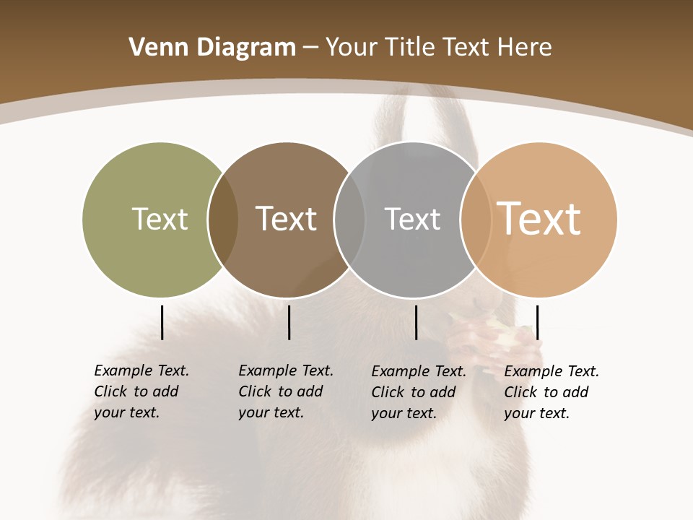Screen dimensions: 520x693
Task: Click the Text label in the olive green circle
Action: coord(160,219)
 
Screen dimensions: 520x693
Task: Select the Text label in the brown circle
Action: coord(286,219)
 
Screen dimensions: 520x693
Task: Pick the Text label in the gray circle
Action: coord(412,219)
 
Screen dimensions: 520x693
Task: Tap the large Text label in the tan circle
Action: coord(539,219)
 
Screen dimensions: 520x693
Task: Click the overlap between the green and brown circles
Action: coord(223,219)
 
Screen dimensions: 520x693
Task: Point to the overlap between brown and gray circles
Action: coord(349,219)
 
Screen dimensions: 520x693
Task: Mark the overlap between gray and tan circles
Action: coord(476,219)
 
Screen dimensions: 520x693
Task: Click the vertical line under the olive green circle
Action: coord(162,322)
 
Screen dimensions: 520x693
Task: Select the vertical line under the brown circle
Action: coord(289,322)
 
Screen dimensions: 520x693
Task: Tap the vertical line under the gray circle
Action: coord(416,322)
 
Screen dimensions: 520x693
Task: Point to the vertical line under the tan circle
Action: coord(537,322)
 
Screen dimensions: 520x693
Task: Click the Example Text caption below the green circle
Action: coord(141,391)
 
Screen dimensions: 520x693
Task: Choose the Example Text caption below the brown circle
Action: coord(286,391)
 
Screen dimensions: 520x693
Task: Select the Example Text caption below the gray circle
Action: coord(419,392)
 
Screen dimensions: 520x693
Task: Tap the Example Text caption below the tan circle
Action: coord(552,392)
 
